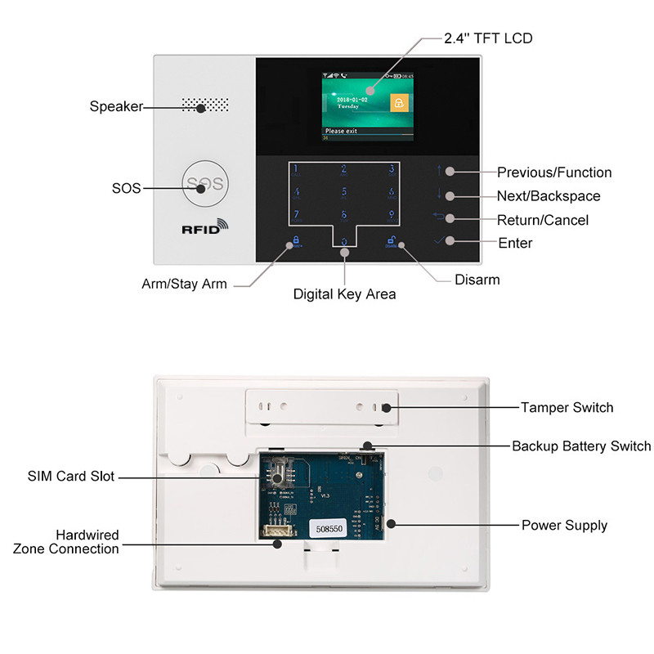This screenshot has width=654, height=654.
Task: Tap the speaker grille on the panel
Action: [204, 105]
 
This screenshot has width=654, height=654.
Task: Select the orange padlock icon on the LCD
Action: [398, 104]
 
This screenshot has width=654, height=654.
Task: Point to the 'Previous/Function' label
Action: [553, 172]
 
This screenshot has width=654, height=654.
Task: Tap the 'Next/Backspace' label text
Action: [548, 196]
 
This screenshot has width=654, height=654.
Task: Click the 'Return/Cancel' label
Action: [542, 220]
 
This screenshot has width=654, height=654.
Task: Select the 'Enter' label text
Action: [515, 243]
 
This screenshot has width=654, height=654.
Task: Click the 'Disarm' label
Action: [477, 280]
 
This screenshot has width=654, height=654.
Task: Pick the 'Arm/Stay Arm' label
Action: [184, 284]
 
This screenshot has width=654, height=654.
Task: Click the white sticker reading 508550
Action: [331, 529]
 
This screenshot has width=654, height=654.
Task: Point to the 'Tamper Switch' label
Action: [567, 407]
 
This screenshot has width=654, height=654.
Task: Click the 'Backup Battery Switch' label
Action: [581, 446]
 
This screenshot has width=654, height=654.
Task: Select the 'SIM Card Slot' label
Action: [71, 477]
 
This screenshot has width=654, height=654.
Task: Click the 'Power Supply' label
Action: [564, 525]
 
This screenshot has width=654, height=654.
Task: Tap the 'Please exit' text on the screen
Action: [342, 130]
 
